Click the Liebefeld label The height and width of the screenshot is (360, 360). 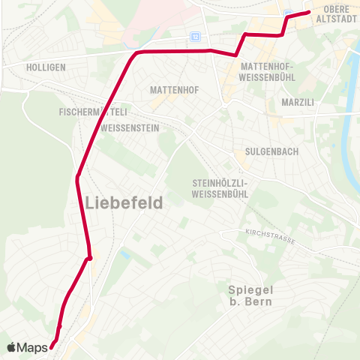coord(124,202)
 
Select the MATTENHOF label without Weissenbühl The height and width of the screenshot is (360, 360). coord(174,89)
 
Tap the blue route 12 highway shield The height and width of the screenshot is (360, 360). coord(196,35)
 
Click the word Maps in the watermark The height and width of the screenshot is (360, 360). coord(32,347)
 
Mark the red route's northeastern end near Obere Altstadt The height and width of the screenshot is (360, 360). coord(308,12)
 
